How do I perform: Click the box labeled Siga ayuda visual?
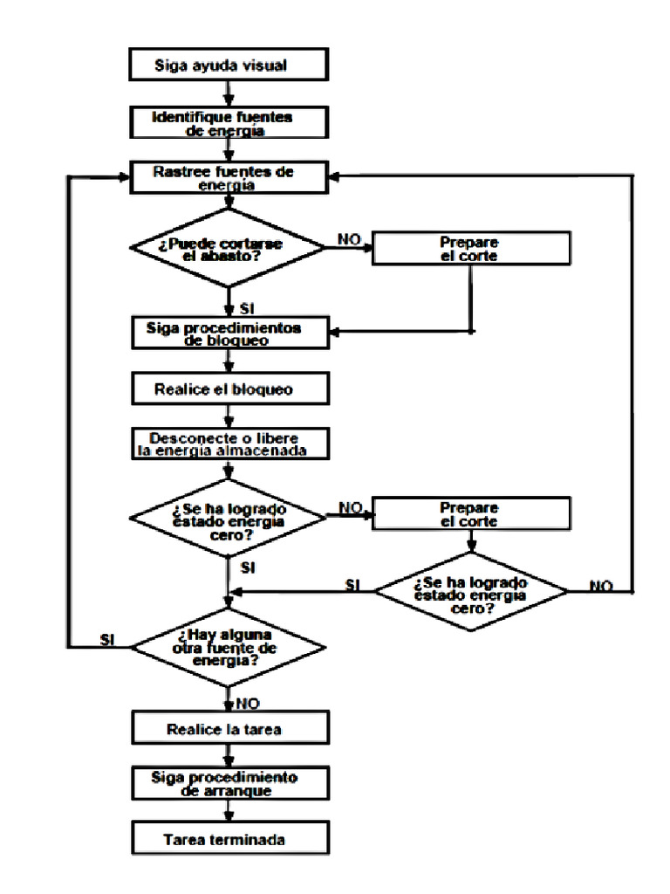coord(229,65)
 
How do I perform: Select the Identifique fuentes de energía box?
coord(229,122)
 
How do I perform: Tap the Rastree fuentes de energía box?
coord(229,178)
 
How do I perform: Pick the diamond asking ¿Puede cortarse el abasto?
coord(228,247)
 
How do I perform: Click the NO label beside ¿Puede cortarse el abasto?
coord(349,239)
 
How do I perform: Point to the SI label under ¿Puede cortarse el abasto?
coord(247,309)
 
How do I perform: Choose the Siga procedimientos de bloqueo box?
coord(230,333)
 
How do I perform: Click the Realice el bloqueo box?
coord(230,389)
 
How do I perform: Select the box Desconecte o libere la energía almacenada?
coord(230,444)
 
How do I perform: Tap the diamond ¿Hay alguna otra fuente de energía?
coord(228,647)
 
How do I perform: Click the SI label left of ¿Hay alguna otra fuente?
coord(107,640)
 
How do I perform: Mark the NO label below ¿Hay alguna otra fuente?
coord(247,704)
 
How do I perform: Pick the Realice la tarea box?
coord(230,727)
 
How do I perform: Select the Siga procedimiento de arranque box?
coord(230,783)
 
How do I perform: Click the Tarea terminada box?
coord(230,838)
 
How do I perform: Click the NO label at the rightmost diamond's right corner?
coord(601,586)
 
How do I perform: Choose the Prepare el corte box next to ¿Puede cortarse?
coord(471,248)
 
